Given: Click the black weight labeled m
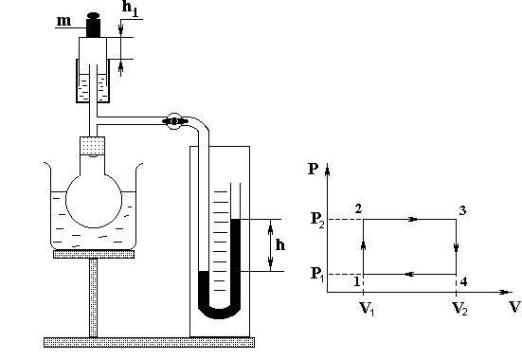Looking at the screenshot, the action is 93,25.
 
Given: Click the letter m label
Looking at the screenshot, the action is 63,21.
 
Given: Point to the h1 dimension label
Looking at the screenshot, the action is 130,8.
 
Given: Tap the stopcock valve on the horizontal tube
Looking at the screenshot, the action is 174,121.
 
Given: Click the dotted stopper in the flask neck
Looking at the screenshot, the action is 93,146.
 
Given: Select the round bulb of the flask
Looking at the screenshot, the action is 94,200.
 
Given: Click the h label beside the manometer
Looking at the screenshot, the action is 280,245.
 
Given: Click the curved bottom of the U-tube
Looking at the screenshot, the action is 219,312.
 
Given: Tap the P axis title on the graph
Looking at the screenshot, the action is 314,169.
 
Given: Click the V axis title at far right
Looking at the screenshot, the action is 514,307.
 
